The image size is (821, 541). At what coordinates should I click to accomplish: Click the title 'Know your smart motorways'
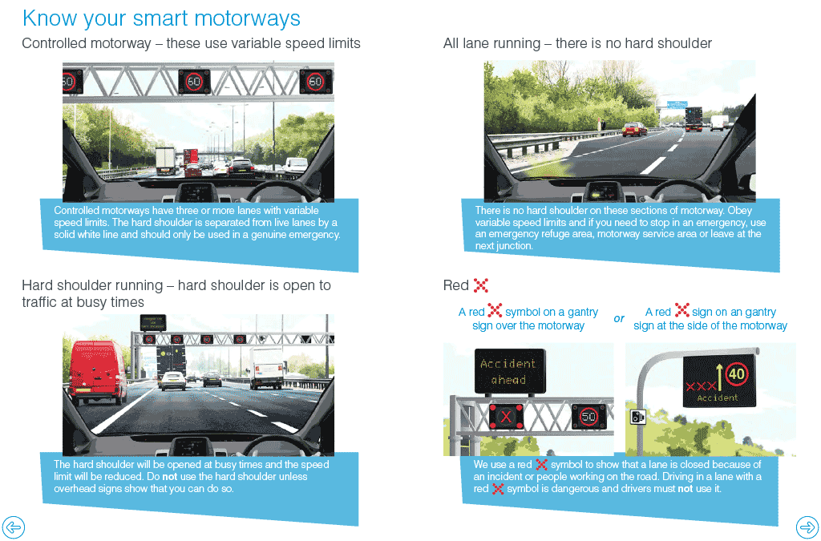[x=161, y=18]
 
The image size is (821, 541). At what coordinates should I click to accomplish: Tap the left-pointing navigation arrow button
[x=14, y=527]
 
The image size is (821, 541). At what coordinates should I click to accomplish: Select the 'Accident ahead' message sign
[x=508, y=371]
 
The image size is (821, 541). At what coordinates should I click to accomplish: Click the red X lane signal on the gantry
[x=506, y=417]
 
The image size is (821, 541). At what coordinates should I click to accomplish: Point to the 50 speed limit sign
[x=588, y=417]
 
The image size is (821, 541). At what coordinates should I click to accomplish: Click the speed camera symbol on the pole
[x=638, y=417]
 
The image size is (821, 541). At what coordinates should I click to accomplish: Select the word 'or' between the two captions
[x=619, y=318]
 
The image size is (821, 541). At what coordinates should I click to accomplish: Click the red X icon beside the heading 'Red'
[x=481, y=285]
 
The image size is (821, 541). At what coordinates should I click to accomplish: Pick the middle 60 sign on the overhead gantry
[x=194, y=81]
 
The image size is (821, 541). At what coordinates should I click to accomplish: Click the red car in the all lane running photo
[x=634, y=129]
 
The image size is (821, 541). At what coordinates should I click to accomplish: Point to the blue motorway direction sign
[x=677, y=104]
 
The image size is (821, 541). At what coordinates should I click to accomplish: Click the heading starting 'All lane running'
[x=577, y=43]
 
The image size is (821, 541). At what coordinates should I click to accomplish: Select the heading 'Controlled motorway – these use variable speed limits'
[x=191, y=43]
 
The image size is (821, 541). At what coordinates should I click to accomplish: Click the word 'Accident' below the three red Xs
[x=718, y=398]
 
